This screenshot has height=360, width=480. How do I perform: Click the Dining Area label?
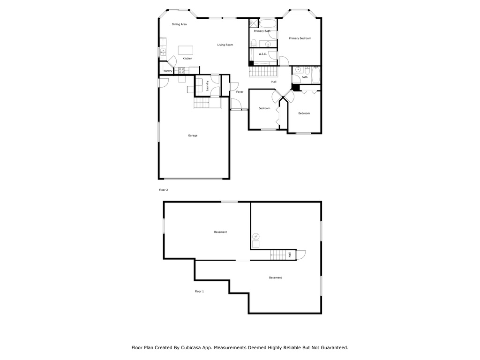click(x=179, y=24)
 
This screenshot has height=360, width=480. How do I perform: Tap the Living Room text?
click(x=225, y=45)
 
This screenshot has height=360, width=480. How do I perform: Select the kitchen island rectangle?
click(x=186, y=50)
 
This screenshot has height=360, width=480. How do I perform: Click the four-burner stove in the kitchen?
click(x=181, y=71)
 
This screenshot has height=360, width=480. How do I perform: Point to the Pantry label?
click(x=168, y=71)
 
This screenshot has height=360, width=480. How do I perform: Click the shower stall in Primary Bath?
click(x=254, y=23)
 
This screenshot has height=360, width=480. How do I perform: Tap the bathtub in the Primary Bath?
click(x=268, y=23)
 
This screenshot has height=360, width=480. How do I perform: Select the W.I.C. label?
click(x=262, y=54)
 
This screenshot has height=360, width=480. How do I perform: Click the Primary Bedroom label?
click(x=300, y=38)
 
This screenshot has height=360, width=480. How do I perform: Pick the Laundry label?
click(x=207, y=86)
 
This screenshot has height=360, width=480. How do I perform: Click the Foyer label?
click(x=240, y=92)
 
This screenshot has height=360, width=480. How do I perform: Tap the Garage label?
click(x=193, y=135)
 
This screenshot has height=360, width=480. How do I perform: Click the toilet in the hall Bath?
click(x=307, y=71)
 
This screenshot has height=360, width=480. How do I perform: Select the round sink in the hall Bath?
click(x=298, y=70)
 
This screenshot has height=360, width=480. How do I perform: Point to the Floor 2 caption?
click(x=164, y=190)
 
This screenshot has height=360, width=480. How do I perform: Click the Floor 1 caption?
click(x=199, y=292)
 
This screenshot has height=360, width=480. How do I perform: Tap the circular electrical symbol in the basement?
click(x=256, y=237)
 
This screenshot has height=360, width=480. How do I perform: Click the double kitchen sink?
click(x=163, y=52)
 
